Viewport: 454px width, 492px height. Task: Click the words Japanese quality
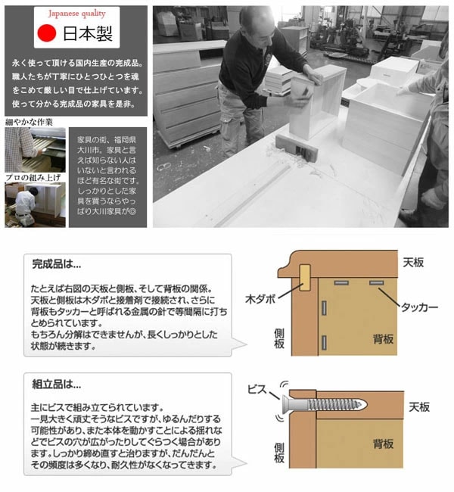coord(76,14)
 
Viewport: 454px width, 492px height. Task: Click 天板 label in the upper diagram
coord(413,262)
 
